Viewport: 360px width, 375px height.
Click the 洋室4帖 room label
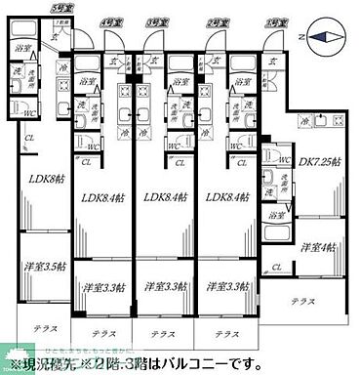pyautogui.click(x=320, y=247)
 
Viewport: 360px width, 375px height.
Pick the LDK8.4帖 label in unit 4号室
pyautogui.click(x=102, y=199)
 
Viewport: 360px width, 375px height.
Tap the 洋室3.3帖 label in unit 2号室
pyautogui.click(x=225, y=286)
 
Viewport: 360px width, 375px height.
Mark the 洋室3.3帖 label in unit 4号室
pyautogui.click(x=102, y=286)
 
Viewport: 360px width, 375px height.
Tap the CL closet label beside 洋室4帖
pyautogui.click(x=280, y=267)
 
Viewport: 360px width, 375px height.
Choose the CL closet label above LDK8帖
pyautogui.click(x=29, y=138)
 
